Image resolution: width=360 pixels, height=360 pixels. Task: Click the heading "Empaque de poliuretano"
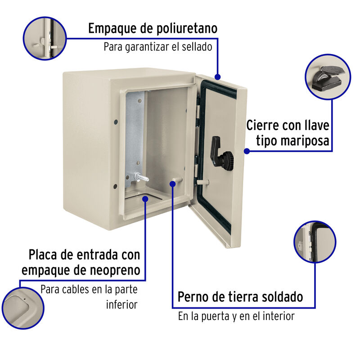tap(153, 29)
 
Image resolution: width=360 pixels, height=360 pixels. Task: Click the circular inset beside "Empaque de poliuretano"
tap(46, 38)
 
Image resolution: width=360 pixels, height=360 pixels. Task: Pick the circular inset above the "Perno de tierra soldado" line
tap(315, 243)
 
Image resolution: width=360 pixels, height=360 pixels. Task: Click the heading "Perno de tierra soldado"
tap(240, 297)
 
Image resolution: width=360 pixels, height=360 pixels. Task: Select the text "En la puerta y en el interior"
tap(236, 316)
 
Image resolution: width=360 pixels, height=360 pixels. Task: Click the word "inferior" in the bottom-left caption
tap(121, 305)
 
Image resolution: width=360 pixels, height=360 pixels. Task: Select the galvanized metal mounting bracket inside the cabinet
tap(135, 135)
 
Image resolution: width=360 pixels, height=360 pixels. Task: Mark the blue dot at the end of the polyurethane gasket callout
tap(218, 77)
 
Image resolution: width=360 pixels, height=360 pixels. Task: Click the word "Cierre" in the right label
tap(262, 125)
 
